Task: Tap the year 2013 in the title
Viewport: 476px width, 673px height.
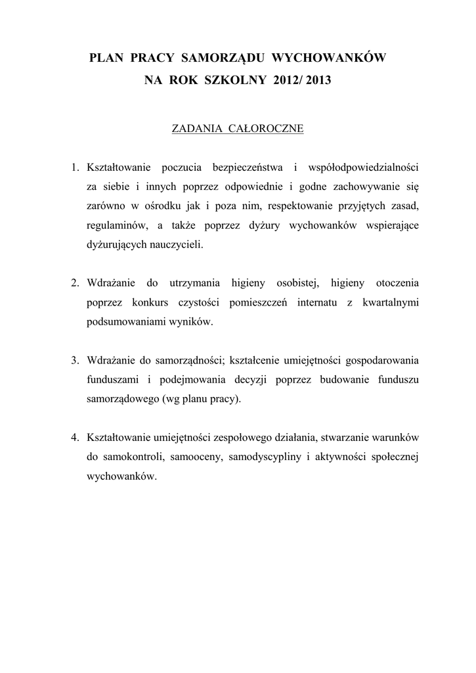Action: coord(318,81)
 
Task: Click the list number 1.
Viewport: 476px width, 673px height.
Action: coord(75,164)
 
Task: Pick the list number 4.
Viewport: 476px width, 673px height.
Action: coord(75,437)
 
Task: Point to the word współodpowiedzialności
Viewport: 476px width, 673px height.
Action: coord(364,164)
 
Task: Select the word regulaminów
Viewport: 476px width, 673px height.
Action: coord(116,225)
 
